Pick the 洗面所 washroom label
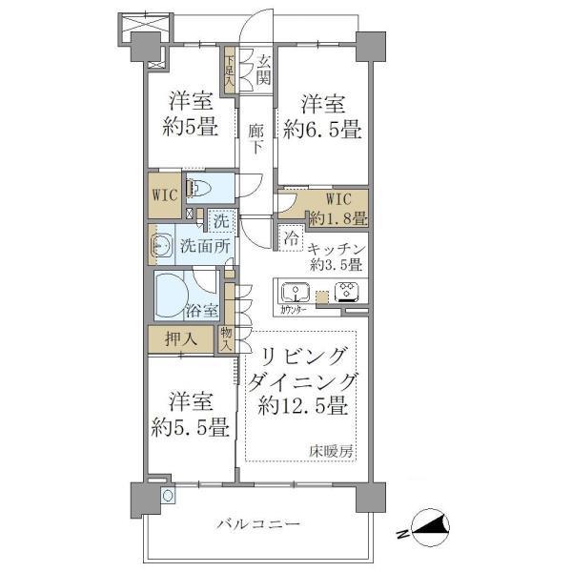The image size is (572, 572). [x=205, y=245]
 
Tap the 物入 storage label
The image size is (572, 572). [x=226, y=337]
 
